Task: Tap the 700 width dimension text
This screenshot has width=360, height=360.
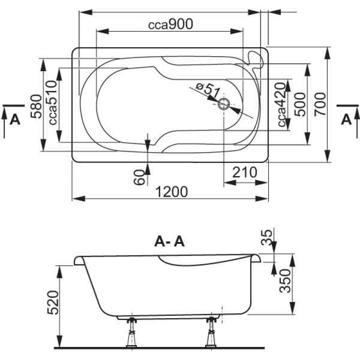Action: pos(320,105)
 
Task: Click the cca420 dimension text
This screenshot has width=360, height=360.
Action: pos(281,105)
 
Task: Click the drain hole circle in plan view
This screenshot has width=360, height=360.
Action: pos(224,105)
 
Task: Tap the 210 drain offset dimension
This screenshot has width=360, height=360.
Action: pos(245,172)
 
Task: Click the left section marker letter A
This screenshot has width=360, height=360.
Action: pos(15,119)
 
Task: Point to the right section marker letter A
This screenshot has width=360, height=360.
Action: pos(346,119)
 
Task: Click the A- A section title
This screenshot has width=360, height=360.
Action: pos(169,242)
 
